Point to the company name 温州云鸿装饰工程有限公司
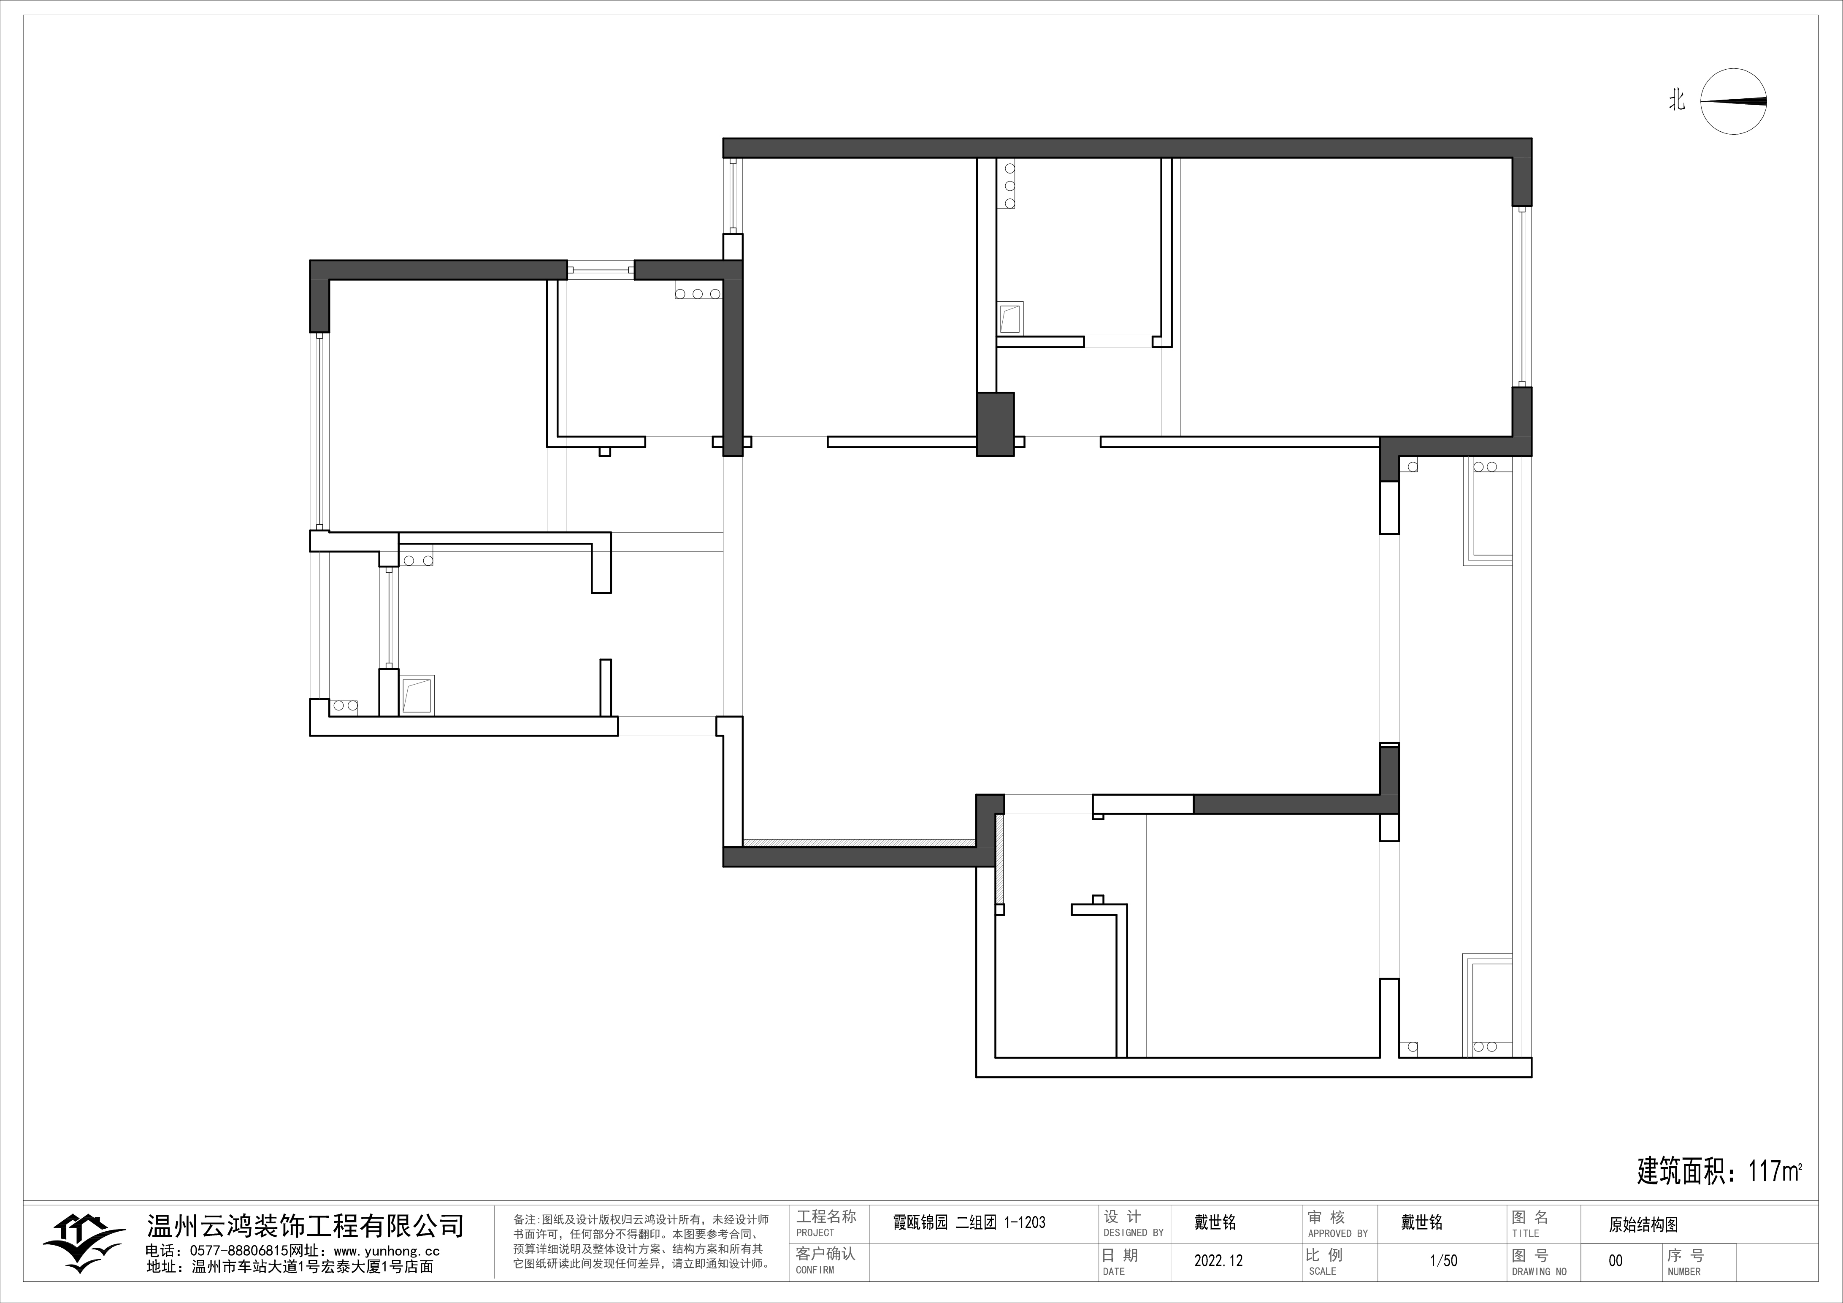305,1226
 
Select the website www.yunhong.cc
386,1251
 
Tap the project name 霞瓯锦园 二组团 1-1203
969,1223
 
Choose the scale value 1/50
1443,1260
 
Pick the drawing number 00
1615,1260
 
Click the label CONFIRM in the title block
815,1270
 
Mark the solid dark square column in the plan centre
995,424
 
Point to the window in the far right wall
1521,297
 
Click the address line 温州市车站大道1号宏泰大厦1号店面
313,1267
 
